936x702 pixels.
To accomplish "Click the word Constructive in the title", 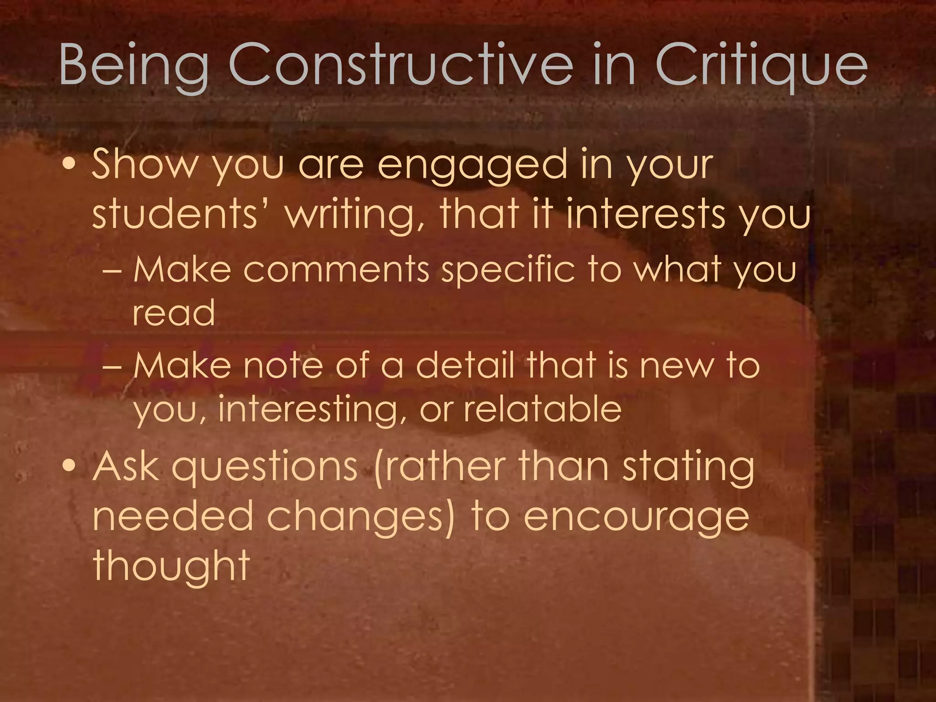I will tap(400, 64).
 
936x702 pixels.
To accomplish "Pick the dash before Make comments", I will tap(112, 271).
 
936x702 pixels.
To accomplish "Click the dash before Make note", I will tap(112, 367).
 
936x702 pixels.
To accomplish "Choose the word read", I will tap(174, 313).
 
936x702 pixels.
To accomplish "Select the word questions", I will tap(265, 468).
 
